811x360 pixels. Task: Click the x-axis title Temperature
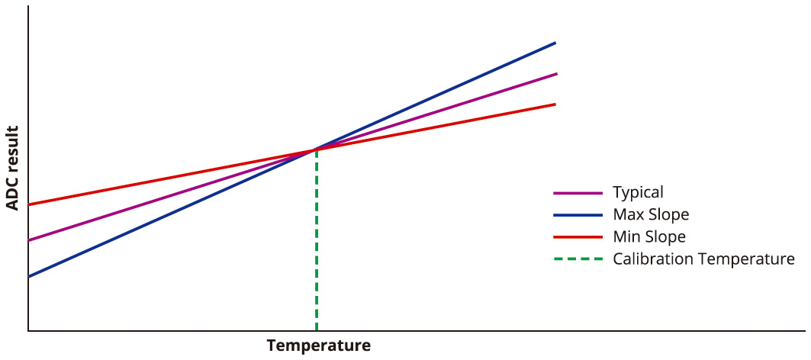pyautogui.click(x=318, y=346)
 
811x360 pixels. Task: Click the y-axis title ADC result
pyautogui.click(x=12, y=168)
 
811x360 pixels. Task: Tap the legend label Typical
pyautogui.click(x=638, y=192)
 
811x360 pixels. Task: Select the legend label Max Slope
pyautogui.click(x=651, y=214)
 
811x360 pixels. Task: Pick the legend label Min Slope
pyautogui.click(x=649, y=236)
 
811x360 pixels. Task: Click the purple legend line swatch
pyautogui.click(x=577, y=193)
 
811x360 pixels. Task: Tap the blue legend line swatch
pyautogui.click(x=577, y=215)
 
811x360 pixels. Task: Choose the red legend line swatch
pyautogui.click(x=577, y=237)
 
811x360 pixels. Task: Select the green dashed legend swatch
pyautogui.click(x=577, y=259)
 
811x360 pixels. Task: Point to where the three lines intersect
pyautogui.click(x=316, y=149)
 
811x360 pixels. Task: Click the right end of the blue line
pyautogui.click(x=555, y=43)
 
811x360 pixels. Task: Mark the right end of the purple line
pyautogui.click(x=556, y=74)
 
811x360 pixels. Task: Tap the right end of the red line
pyautogui.click(x=554, y=104)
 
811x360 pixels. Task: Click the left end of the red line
pyautogui.click(x=30, y=204)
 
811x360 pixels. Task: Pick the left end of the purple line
pyautogui.click(x=30, y=240)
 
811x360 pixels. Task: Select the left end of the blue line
pyautogui.click(x=30, y=276)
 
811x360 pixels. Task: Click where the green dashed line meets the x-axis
pyautogui.click(x=316, y=329)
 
